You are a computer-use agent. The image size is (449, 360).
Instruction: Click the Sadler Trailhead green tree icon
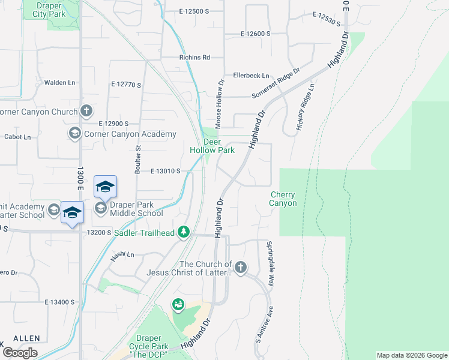tap(184, 232)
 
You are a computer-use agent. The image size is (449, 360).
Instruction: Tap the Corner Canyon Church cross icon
tap(86, 111)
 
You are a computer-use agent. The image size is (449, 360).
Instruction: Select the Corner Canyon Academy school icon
tap(75, 133)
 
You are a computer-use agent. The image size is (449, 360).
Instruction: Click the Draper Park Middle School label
tap(136, 209)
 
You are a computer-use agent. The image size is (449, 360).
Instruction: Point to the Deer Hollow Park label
tap(212, 146)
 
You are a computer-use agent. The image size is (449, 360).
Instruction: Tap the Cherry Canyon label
tap(283, 199)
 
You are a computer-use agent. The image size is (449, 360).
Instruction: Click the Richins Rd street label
tap(194, 58)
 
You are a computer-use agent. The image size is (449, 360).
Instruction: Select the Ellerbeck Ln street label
tap(251, 75)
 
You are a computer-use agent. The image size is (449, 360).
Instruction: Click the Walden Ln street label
tap(63, 82)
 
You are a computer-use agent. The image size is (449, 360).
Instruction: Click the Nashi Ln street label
tap(122, 255)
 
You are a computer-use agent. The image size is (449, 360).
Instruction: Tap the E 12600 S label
tap(256, 34)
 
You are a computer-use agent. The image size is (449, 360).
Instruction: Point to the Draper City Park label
tap(47, 9)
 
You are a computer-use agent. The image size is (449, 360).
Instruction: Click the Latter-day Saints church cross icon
tap(241, 268)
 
